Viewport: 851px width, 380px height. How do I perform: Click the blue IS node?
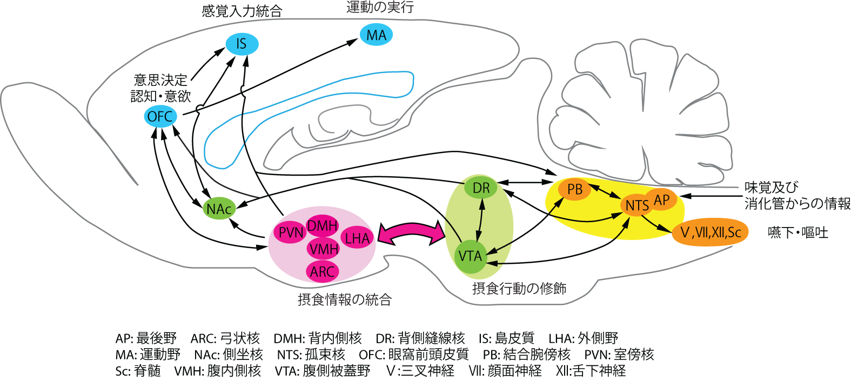[242, 44]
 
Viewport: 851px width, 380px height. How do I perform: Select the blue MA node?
[376, 35]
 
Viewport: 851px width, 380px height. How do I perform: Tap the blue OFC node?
[160, 116]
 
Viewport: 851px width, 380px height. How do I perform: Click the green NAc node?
[219, 209]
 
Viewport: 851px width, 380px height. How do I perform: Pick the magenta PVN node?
[291, 232]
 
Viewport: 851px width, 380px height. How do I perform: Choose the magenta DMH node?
[323, 225]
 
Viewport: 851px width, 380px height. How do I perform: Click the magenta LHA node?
[357, 238]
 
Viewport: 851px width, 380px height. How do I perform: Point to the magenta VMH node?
[323, 249]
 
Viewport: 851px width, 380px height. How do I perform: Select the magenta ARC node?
[323, 271]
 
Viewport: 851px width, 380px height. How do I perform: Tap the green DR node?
[481, 188]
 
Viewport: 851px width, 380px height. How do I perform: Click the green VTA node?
[470, 256]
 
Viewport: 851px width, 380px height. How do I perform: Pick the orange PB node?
[575, 189]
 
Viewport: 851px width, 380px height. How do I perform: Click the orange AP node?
[662, 199]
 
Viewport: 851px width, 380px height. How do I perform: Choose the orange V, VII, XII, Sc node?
[710, 232]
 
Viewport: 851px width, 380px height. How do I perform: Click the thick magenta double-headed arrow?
[411, 233]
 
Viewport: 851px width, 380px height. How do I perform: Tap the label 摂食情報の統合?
[345, 299]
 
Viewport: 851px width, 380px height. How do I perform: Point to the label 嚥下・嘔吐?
[798, 232]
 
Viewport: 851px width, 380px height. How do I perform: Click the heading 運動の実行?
[380, 8]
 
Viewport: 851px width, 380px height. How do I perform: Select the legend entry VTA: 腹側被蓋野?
[323, 371]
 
